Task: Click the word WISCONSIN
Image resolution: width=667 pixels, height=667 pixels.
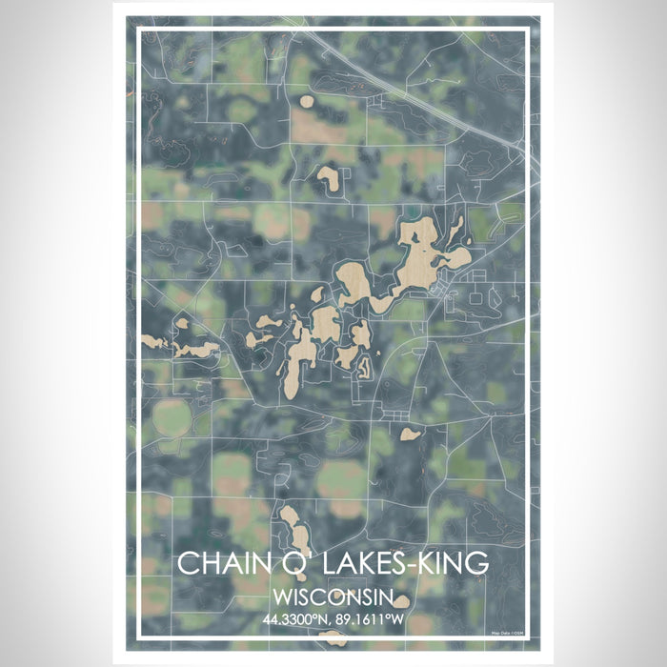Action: [333, 597]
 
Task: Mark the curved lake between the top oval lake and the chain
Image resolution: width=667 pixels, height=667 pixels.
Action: [330, 175]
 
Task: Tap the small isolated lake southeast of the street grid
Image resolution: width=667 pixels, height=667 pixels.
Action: [411, 434]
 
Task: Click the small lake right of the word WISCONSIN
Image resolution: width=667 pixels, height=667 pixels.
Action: [403, 600]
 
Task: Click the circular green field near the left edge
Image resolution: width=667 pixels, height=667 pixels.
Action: [172, 416]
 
